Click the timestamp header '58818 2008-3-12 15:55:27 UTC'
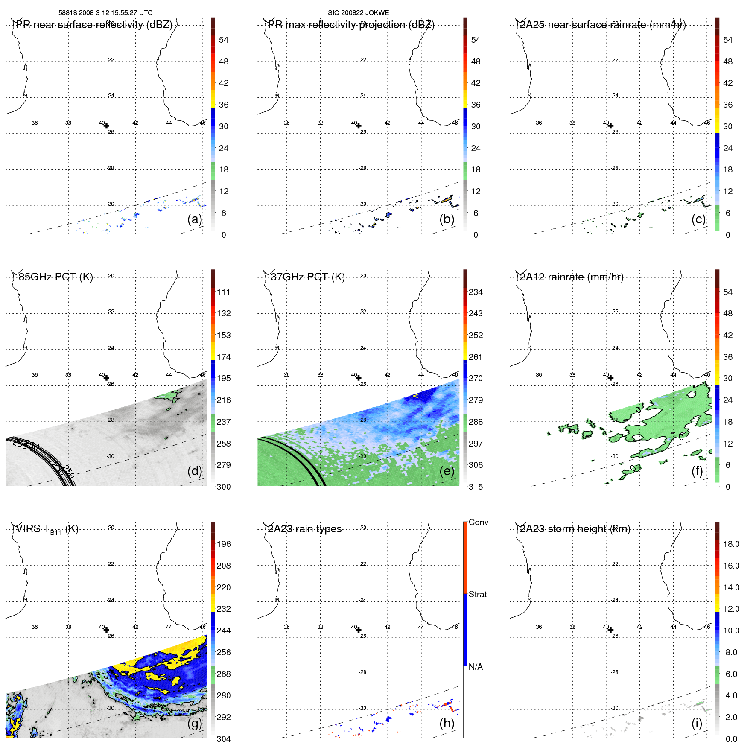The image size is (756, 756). coord(105,13)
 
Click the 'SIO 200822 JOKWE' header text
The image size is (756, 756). coord(358,13)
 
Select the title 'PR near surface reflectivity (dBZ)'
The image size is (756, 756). coord(94,25)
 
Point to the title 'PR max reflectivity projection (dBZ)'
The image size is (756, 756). coord(351,25)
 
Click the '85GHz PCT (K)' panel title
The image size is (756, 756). coord(55,277)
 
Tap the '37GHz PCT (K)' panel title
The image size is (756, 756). coord(307,277)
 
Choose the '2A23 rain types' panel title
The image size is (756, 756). coord(305,529)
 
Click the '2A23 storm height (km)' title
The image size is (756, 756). coord(575,529)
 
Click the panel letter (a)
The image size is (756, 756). coord(195,219)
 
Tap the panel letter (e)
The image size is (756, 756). coord(447,471)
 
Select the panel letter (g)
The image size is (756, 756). coord(195,723)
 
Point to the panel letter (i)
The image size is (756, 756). coord(697,723)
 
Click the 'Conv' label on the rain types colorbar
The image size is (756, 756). coord(478,522)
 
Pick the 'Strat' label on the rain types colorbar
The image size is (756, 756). coord(477,594)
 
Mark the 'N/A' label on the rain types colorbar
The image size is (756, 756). coord(476,667)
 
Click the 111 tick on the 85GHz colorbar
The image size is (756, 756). coord(224,292)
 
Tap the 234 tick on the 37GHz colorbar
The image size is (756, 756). coord(476,292)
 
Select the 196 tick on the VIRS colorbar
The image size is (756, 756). coord(224,544)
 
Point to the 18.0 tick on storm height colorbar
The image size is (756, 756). coord(731,544)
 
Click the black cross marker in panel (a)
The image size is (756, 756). coord(106,126)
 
